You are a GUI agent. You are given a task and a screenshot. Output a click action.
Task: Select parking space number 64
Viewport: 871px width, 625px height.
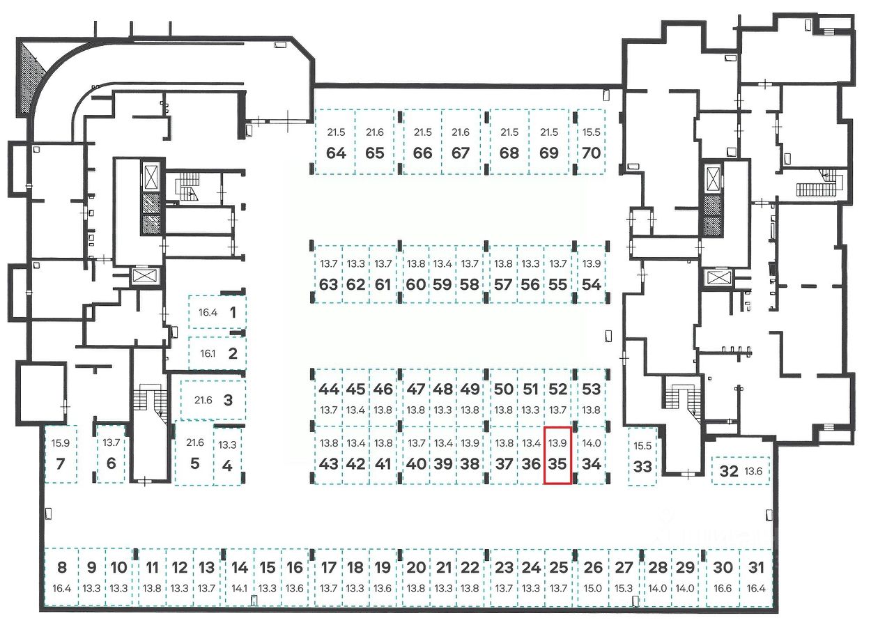(336, 142)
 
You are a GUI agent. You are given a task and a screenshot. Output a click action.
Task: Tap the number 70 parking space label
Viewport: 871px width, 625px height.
(591, 153)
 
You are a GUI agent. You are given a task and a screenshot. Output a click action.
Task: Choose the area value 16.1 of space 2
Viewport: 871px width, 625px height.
(208, 353)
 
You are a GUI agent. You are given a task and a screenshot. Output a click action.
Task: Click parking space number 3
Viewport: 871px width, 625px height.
(213, 400)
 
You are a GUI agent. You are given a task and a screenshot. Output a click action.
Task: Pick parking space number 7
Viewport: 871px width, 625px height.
(60, 454)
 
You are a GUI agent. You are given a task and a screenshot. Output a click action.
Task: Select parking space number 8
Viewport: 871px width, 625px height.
(61, 578)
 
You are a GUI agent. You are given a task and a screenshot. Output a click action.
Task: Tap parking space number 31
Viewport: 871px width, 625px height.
(756, 578)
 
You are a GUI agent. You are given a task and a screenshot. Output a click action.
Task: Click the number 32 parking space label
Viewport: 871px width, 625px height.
(729, 471)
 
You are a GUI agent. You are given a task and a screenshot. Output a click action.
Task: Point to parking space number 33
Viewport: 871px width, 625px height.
(642, 456)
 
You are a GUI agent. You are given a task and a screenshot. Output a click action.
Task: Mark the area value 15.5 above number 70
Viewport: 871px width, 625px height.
(591, 132)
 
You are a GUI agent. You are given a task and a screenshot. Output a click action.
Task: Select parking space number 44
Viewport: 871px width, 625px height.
(328, 398)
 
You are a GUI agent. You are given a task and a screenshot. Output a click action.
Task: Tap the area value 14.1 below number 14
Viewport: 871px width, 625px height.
(240, 588)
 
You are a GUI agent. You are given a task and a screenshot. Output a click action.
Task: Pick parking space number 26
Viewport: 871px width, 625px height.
(592, 578)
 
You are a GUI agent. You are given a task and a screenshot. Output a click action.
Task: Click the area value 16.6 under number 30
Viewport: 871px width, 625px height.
(723, 588)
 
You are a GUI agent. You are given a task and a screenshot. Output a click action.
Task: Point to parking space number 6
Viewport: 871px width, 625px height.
(111, 454)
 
